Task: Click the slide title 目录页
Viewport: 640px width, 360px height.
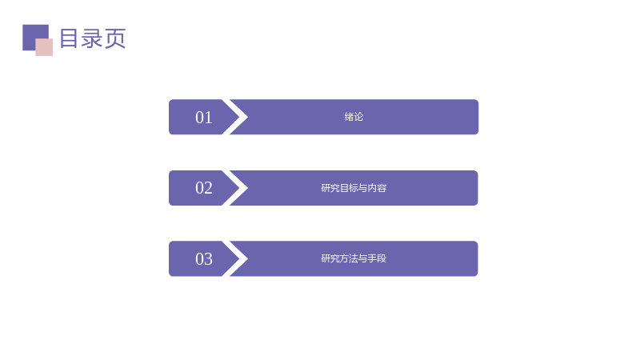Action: point(93,38)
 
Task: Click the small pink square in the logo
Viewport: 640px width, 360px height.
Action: point(44,47)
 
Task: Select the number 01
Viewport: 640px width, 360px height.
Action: point(204,118)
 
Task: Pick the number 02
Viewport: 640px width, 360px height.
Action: point(204,188)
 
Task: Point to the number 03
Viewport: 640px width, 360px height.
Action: point(204,258)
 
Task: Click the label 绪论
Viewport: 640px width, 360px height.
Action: point(354,117)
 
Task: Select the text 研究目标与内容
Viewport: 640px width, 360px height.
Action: point(354,188)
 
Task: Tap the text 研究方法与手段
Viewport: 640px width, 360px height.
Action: point(354,258)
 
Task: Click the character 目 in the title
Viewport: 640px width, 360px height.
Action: point(69,38)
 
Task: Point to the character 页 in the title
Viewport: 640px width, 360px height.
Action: point(115,38)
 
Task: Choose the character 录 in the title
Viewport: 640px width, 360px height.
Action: point(92,38)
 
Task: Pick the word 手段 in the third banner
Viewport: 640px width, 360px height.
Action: point(377,258)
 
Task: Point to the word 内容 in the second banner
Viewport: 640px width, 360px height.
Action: point(377,188)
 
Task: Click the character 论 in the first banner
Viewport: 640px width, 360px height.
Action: point(358,117)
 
